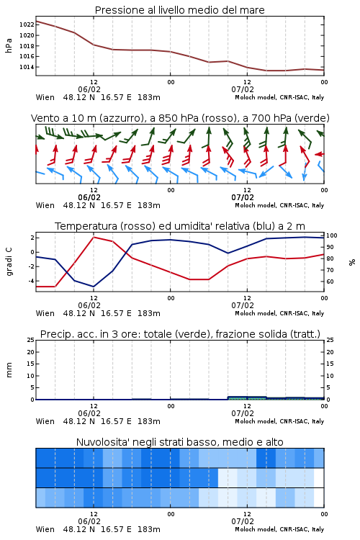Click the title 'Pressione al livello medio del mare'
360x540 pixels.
pyautogui.click(x=180, y=10)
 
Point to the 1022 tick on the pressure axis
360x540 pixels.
pyautogui.click(x=27, y=24)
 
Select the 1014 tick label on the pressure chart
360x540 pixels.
pyautogui.click(x=27, y=67)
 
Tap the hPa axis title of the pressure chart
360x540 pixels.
pyautogui.click(x=9, y=45)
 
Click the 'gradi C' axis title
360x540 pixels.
pyautogui.click(x=9, y=262)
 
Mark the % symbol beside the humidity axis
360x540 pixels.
pyautogui.click(x=352, y=262)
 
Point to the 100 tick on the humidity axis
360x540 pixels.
pyautogui.click(x=332, y=235)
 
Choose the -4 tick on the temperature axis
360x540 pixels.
pyautogui.click(x=32, y=281)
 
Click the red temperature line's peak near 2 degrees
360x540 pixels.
pyautogui.click(x=94, y=238)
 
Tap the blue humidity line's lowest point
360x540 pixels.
pyautogui.click(x=94, y=287)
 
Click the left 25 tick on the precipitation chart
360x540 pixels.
pyautogui.click(x=31, y=340)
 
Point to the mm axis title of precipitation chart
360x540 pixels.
pyautogui.click(x=9, y=370)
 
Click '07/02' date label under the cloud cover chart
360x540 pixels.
pyautogui.click(x=243, y=521)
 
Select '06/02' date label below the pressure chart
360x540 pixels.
pyautogui.click(x=89, y=89)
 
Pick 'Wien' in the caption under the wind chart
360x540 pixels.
pyautogui.click(x=45, y=205)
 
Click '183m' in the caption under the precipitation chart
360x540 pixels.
pyautogui.click(x=149, y=421)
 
